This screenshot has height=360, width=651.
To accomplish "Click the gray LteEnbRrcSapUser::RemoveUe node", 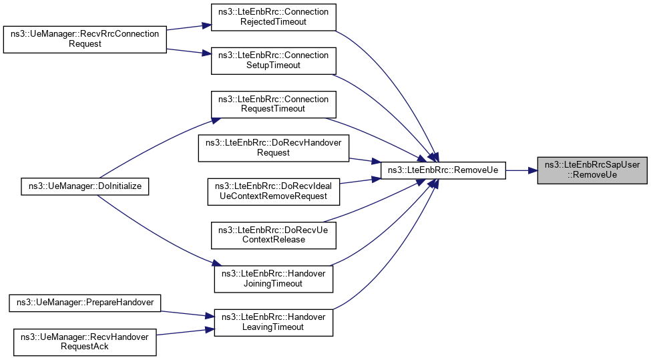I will click(592, 170).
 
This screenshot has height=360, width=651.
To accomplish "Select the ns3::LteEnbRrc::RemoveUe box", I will click(442, 170).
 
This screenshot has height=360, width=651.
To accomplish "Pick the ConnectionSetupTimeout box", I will click(273, 60).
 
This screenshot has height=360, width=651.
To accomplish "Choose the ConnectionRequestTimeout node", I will click(273, 103).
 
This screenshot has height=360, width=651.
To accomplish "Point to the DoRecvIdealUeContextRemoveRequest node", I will click(274, 191).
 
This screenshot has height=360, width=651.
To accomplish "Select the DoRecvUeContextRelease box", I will click(273, 234).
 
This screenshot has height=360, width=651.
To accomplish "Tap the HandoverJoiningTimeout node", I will click(273, 278).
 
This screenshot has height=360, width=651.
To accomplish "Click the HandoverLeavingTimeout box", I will click(273, 322).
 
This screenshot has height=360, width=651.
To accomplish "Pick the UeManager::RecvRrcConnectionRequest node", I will click(84, 39).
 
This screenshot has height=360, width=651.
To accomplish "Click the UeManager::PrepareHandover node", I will click(84, 303).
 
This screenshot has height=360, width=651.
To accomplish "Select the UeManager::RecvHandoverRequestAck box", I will click(84, 341).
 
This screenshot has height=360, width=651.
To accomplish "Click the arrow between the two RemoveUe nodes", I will click(521, 170).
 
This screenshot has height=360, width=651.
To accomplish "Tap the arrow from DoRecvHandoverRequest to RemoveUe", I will click(365, 160).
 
